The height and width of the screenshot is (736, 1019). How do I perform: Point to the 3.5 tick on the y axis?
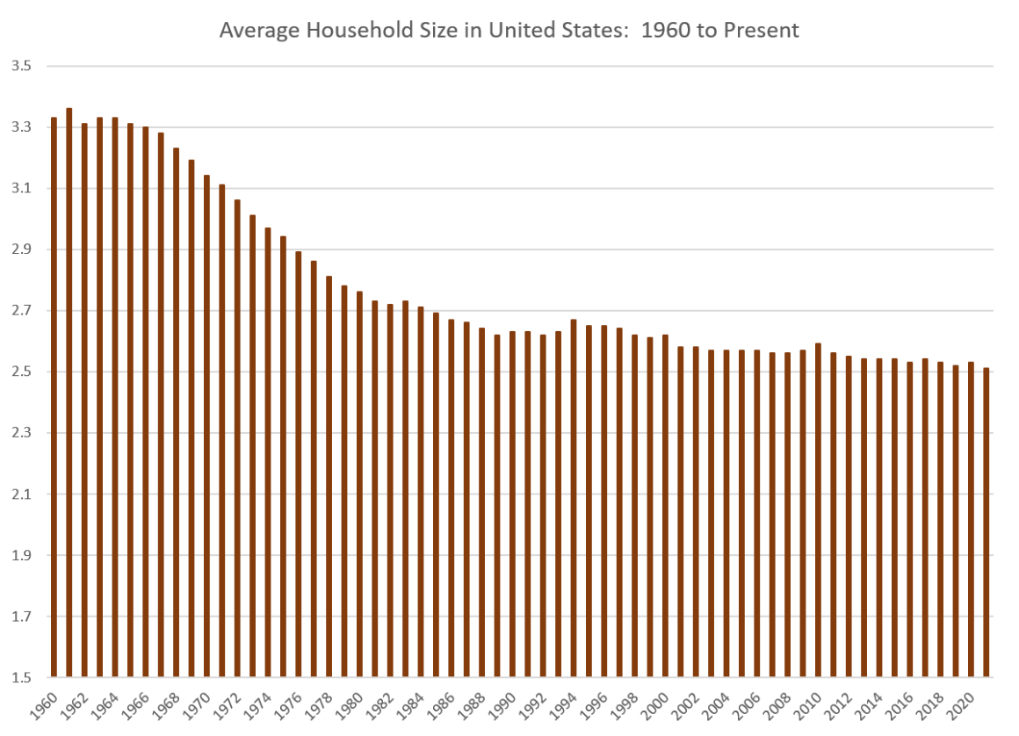(x=21, y=66)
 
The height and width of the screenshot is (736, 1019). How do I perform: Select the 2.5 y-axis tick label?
(x=21, y=372)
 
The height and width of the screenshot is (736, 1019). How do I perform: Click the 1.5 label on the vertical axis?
(x=21, y=678)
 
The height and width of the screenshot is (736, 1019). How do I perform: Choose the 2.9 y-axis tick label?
(x=21, y=249)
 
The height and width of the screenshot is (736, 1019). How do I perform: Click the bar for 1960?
(x=54, y=397)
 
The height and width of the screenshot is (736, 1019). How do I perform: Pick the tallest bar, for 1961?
(x=69, y=393)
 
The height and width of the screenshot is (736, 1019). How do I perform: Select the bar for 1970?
(x=206, y=426)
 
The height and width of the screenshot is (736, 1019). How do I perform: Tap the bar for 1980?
(x=359, y=484)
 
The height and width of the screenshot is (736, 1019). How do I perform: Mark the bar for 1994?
(x=573, y=498)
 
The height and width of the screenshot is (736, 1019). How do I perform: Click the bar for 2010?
(x=818, y=510)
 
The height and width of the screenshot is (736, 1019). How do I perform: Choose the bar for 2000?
(x=665, y=506)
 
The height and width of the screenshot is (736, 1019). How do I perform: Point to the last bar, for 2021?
(x=986, y=523)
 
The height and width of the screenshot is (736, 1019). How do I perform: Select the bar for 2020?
(x=971, y=520)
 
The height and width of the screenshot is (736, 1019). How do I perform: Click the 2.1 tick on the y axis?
(x=21, y=494)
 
